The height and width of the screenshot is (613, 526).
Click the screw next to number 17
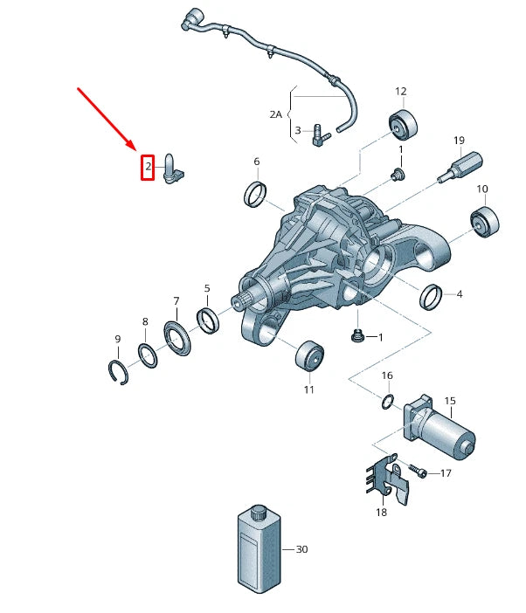pos(419,472)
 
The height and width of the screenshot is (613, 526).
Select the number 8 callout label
pos(145,322)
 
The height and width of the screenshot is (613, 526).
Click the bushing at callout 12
pos(403,125)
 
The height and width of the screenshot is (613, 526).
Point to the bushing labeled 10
pos(484,222)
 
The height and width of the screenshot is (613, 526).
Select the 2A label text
pos(276,114)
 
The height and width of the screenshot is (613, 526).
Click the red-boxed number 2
pos(148,165)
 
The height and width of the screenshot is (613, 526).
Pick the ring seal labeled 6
pos(255,194)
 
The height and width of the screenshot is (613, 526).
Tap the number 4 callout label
pos(460,294)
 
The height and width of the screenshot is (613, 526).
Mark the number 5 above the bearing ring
pos(207,287)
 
